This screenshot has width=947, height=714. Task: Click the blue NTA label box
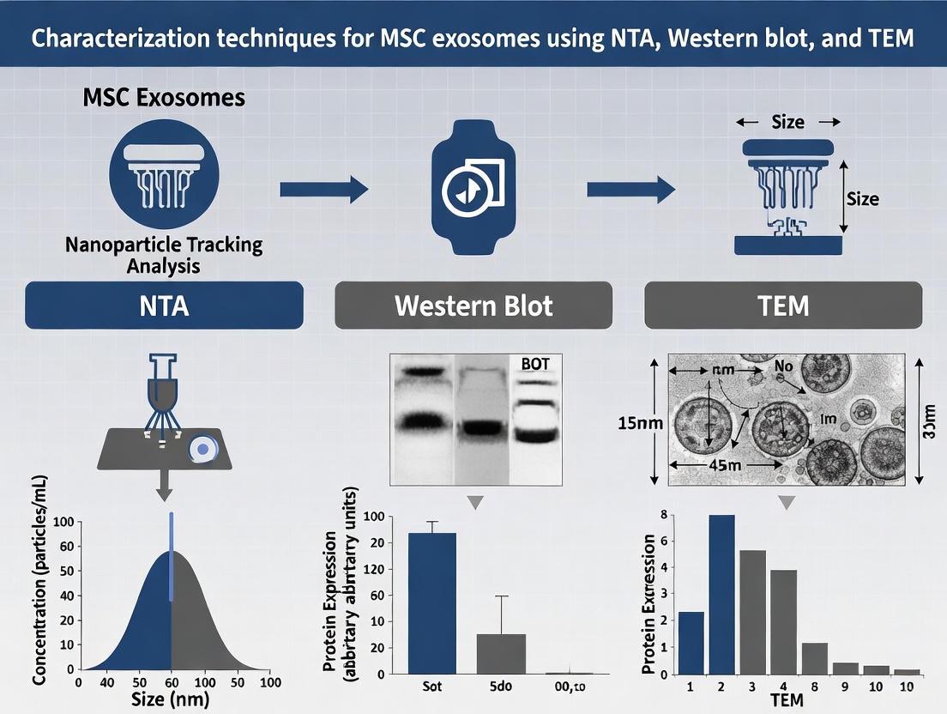pyautogui.click(x=164, y=305)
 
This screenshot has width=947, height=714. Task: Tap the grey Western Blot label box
pyautogui.click(x=473, y=305)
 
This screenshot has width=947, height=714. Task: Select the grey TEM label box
pyautogui.click(x=783, y=305)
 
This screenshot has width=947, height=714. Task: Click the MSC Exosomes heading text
pyautogui.click(x=164, y=97)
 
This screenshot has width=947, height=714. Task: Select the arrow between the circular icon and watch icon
pyautogui.click(x=323, y=189)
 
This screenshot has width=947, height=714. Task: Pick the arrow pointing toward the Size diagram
pyautogui.click(x=630, y=189)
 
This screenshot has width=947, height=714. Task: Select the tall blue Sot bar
pyautogui.click(x=432, y=602)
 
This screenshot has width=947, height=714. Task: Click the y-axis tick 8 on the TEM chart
pyautogui.click(x=661, y=515)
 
